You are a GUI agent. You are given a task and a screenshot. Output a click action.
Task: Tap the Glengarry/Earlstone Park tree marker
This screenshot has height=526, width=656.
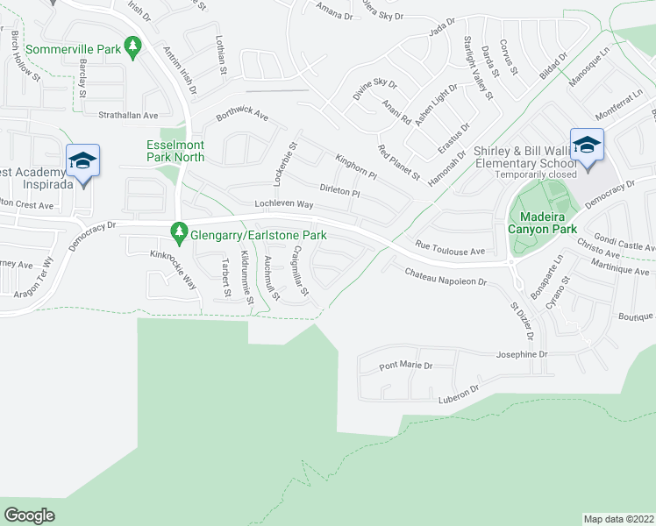click(x=180, y=232)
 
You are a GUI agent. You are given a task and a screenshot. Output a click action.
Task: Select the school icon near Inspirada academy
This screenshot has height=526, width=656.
click(x=82, y=160)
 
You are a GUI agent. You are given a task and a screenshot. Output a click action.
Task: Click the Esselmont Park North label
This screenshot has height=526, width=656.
click(x=175, y=151)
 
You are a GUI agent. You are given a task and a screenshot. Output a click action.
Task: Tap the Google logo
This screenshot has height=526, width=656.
click(x=29, y=515)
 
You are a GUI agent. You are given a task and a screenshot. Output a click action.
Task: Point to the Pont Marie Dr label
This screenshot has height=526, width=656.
click(x=406, y=365)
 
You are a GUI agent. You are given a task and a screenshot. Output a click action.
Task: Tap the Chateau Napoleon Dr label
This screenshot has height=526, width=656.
click(x=445, y=278)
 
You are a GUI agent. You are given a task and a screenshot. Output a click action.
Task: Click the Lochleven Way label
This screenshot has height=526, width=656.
click(x=283, y=204)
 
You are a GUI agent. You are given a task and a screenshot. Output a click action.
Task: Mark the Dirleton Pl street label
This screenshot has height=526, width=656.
click(x=340, y=190)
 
